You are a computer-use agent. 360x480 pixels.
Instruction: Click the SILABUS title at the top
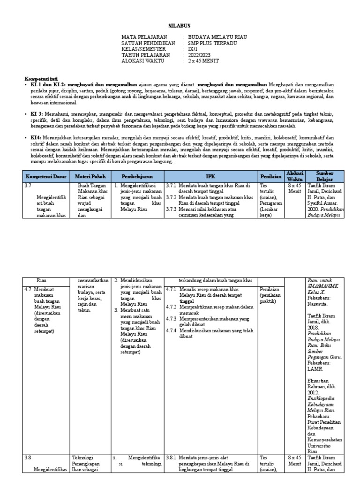tap(180, 26)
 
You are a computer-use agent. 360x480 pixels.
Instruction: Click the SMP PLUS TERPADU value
tap(212, 43)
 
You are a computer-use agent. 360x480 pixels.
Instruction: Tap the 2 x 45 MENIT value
tap(203, 61)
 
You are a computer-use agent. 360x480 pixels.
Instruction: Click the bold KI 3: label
tap(37, 114)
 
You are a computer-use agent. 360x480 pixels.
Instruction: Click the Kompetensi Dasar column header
tap(46, 176)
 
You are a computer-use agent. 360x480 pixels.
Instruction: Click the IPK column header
tap(210, 176)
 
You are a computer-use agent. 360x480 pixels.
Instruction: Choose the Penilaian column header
tap(272, 176)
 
